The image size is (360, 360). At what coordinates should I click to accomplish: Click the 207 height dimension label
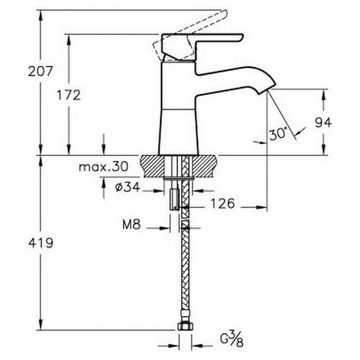click(40, 71)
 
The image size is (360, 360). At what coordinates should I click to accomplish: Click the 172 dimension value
click(69, 95)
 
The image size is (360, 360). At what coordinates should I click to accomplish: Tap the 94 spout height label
click(323, 122)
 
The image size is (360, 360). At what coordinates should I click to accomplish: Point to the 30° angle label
click(278, 134)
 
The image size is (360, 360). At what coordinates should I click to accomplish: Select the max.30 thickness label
click(104, 166)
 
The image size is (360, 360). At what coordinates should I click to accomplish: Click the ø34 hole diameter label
click(127, 186)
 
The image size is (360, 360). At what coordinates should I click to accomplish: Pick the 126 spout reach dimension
click(222, 204)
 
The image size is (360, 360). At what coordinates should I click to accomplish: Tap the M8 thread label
click(132, 225)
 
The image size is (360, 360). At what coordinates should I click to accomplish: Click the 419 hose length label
click(41, 243)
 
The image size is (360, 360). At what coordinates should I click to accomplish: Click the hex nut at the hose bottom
click(185, 326)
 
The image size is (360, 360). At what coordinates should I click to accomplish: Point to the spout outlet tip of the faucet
click(266, 90)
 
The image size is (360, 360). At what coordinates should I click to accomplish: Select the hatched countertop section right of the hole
click(204, 166)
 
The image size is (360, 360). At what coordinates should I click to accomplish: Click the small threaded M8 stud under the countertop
click(174, 199)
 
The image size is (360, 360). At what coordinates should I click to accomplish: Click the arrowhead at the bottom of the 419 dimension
click(41, 325)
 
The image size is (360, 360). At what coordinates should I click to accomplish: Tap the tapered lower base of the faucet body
click(179, 132)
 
